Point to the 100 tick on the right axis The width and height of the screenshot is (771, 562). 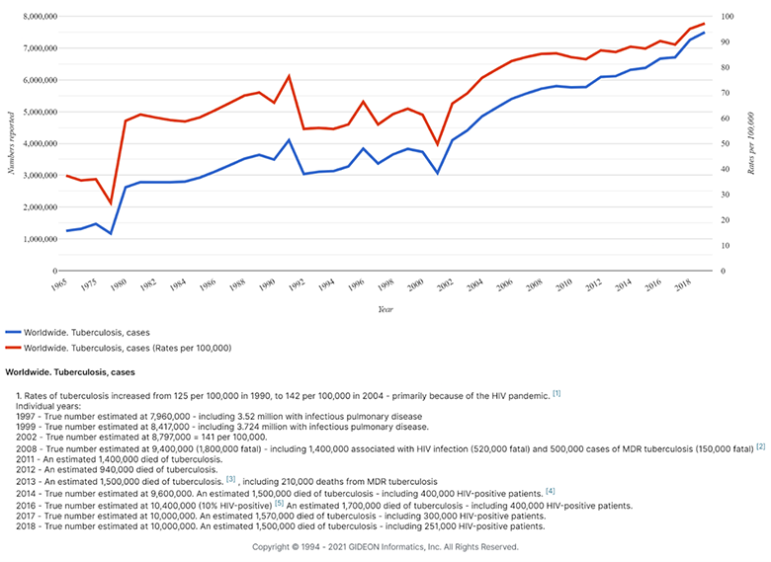(728, 17)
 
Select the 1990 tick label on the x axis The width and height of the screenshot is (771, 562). (267, 283)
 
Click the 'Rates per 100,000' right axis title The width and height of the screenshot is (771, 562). (751, 143)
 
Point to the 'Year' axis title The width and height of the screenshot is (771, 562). (385, 309)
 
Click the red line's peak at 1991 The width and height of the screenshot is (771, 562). (289, 76)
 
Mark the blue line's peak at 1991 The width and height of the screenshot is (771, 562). (289, 140)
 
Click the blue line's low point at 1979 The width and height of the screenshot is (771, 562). (111, 234)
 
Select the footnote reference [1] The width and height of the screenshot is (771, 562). (557, 394)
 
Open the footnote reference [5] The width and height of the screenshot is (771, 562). (279, 504)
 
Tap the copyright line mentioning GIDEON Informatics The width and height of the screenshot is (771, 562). (385, 546)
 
